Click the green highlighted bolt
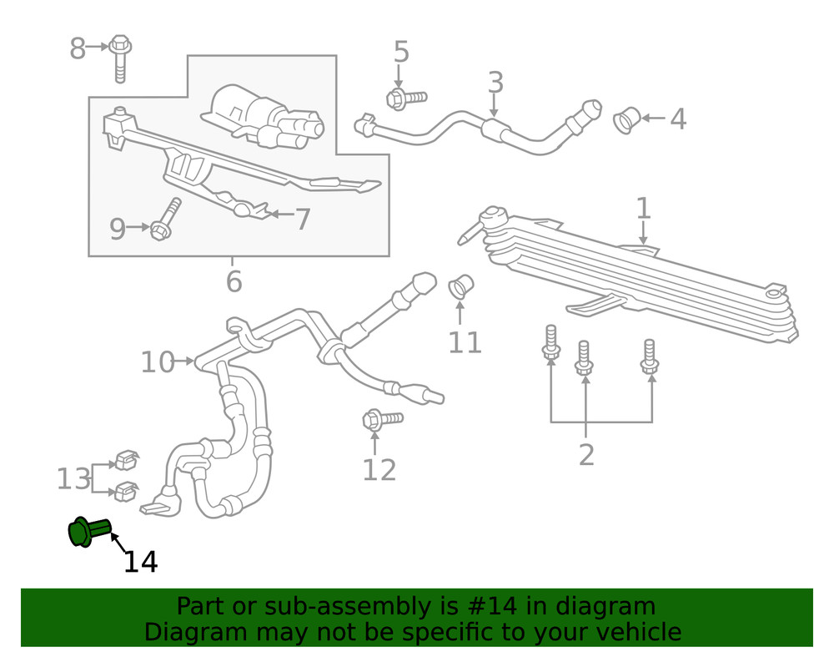point(88,531)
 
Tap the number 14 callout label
point(140,562)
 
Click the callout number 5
point(401,53)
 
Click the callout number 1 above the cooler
point(643,209)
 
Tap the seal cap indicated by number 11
point(461,286)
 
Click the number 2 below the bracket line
point(586,455)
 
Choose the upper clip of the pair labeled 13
point(126,458)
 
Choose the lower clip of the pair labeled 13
point(126,490)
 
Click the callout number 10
point(157,362)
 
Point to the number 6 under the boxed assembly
point(234,282)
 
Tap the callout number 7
point(302,220)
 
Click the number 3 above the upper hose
point(495,83)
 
